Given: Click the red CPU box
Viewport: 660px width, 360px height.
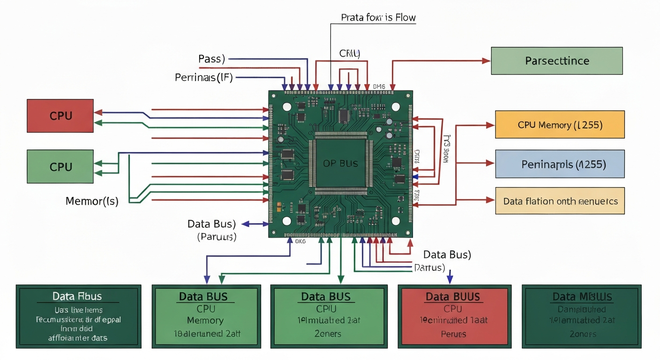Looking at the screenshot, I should pyautogui.click(x=60, y=115).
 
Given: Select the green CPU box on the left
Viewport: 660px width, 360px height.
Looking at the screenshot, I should pyautogui.click(x=60, y=166).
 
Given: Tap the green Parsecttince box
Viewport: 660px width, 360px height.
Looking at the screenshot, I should pyautogui.click(x=557, y=61).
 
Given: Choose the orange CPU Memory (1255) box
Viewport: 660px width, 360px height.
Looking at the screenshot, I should pyautogui.click(x=560, y=125).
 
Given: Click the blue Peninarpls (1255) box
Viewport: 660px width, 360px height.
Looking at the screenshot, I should pyautogui.click(x=560, y=164).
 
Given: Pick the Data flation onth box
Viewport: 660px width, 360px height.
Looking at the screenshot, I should pyautogui.click(x=560, y=201).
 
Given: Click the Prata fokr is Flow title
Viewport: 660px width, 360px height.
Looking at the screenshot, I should pyautogui.click(x=378, y=18).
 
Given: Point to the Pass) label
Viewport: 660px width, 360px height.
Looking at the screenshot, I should pyautogui.click(x=211, y=59).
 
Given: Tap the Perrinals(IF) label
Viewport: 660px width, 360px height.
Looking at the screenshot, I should pyautogui.click(x=203, y=77).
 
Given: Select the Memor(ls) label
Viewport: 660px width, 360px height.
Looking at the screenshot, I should pyautogui.click(x=92, y=202).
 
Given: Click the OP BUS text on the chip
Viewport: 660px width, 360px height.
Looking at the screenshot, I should pyautogui.click(x=340, y=163).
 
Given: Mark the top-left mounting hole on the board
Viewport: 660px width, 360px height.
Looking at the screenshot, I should pyautogui.click(x=287, y=106).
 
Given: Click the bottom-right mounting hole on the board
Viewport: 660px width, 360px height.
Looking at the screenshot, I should pyautogui.click(x=395, y=221).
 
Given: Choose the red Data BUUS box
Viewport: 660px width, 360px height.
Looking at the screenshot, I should pyautogui.click(x=453, y=297).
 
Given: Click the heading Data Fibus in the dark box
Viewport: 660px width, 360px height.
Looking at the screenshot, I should pyautogui.click(x=77, y=296).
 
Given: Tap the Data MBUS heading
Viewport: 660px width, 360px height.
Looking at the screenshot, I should pyautogui.click(x=582, y=297).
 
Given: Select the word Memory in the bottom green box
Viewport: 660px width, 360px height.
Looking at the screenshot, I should pyautogui.click(x=205, y=321).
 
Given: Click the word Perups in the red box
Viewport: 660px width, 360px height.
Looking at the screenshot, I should pyautogui.click(x=453, y=334).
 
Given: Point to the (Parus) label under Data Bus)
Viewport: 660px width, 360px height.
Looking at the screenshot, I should pyautogui.click(x=217, y=237).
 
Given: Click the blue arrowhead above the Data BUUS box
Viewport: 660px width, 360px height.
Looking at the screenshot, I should pyautogui.click(x=450, y=280).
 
